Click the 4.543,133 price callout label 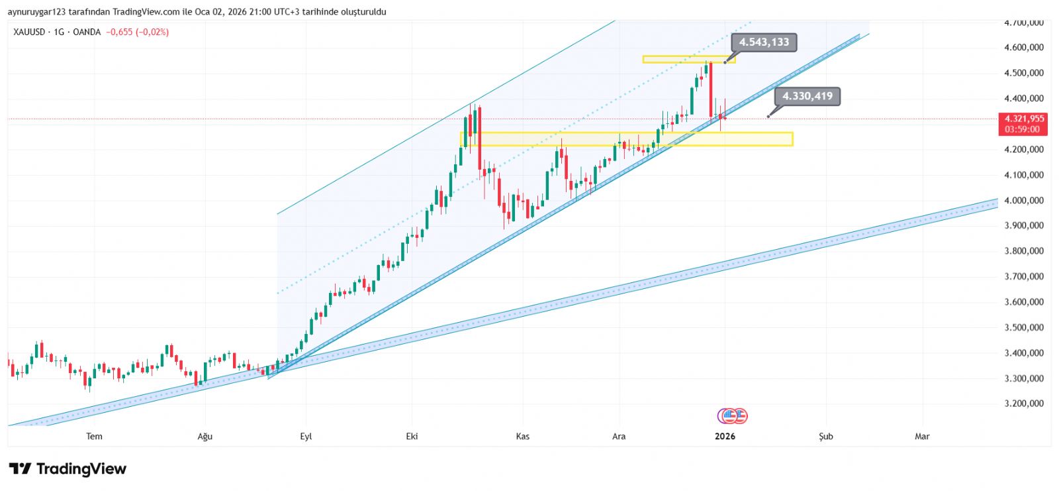coord(764,42)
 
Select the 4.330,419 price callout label coord(807,97)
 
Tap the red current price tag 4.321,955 coord(1023,119)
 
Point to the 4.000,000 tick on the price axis coord(1024,200)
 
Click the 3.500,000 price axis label coord(1024,327)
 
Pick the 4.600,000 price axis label coord(1024,48)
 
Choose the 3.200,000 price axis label coord(1024,404)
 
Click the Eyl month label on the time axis coord(306,436)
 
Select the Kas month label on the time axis coord(523,436)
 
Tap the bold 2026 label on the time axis coord(725,436)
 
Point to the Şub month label coord(825,436)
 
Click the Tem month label coord(95,436)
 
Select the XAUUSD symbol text coord(29,32)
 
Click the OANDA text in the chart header coord(87,32)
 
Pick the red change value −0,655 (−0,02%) coord(138,32)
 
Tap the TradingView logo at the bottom coord(68,469)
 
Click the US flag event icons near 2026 coord(732,416)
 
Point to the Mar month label coord(922,436)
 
